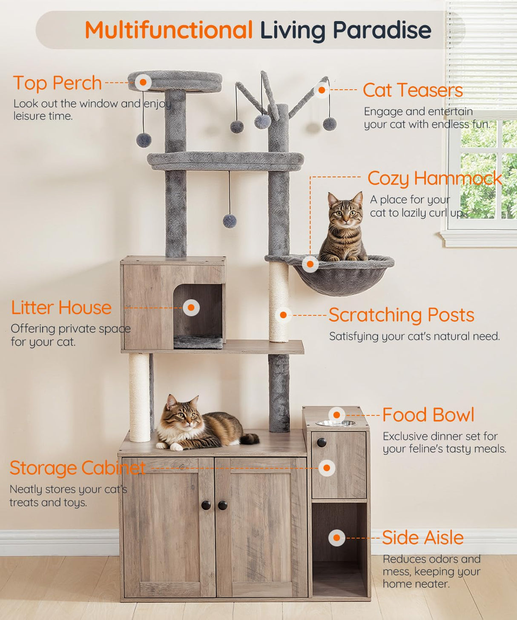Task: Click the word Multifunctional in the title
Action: click(x=169, y=30)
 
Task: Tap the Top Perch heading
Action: click(x=57, y=83)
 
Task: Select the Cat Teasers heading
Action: click(x=413, y=90)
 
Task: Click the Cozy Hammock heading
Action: click(x=434, y=178)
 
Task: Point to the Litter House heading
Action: click(x=61, y=308)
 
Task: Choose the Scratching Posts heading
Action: click(x=401, y=315)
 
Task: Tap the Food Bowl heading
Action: click(x=428, y=415)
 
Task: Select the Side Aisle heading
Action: click(x=422, y=538)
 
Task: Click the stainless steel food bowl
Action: click(x=336, y=423)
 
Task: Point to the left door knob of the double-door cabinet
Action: click(x=206, y=505)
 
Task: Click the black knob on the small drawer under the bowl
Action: click(x=322, y=443)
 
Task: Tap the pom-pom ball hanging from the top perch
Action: click(x=144, y=140)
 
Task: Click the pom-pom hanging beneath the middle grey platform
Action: click(x=230, y=221)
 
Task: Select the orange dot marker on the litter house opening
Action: click(x=191, y=307)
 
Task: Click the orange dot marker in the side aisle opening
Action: click(x=336, y=538)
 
